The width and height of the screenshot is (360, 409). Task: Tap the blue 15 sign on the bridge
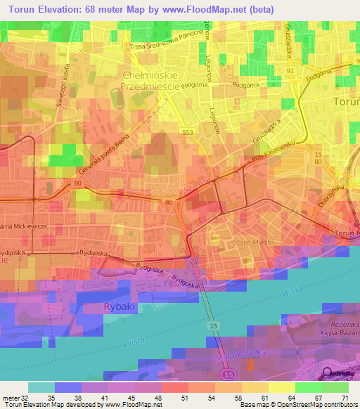pyautogui.click(x=213, y=327)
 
